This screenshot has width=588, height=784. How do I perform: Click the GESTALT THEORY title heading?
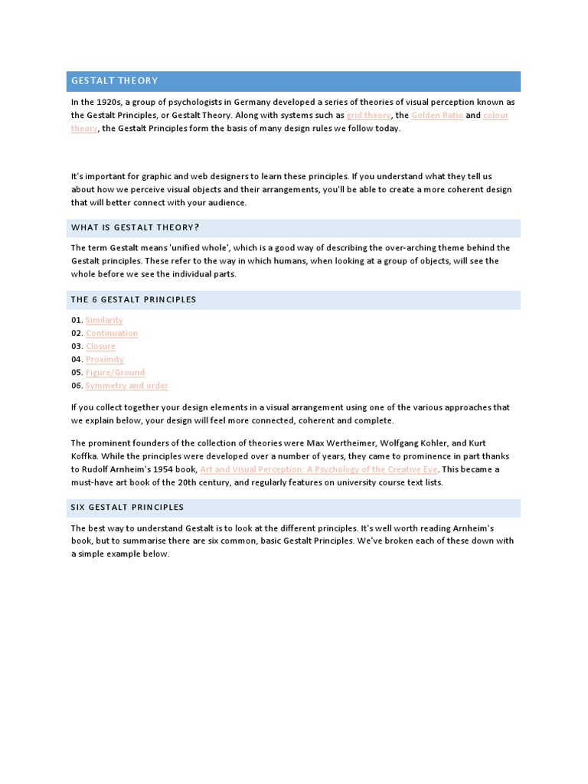pos(115,80)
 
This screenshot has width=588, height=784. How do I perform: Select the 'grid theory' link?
pos(368,115)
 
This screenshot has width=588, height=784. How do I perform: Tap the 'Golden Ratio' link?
pos(436,115)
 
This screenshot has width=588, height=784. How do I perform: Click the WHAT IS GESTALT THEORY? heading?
pos(135,227)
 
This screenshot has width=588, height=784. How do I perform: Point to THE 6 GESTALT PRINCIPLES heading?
pos(134,299)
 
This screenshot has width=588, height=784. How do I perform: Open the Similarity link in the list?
pos(104,320)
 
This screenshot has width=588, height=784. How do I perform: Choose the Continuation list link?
pos(112,333)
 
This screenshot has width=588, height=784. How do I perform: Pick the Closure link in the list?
pos(100,346)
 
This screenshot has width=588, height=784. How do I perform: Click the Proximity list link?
pos(105,359)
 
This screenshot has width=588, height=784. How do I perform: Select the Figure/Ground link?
pos(115,372)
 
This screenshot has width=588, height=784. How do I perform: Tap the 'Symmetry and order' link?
pos(126,385)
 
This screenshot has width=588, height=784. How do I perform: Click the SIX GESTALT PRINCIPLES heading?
pos(128,507)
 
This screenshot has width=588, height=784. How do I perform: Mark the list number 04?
pos(77,359)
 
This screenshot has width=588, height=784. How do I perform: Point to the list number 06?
pos(77,385)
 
